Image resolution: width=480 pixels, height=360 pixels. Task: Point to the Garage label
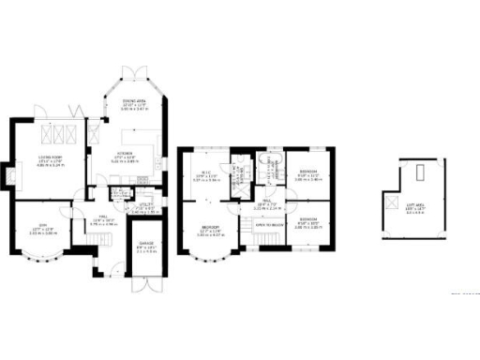146,248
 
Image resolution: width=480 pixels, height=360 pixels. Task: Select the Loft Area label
416,209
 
